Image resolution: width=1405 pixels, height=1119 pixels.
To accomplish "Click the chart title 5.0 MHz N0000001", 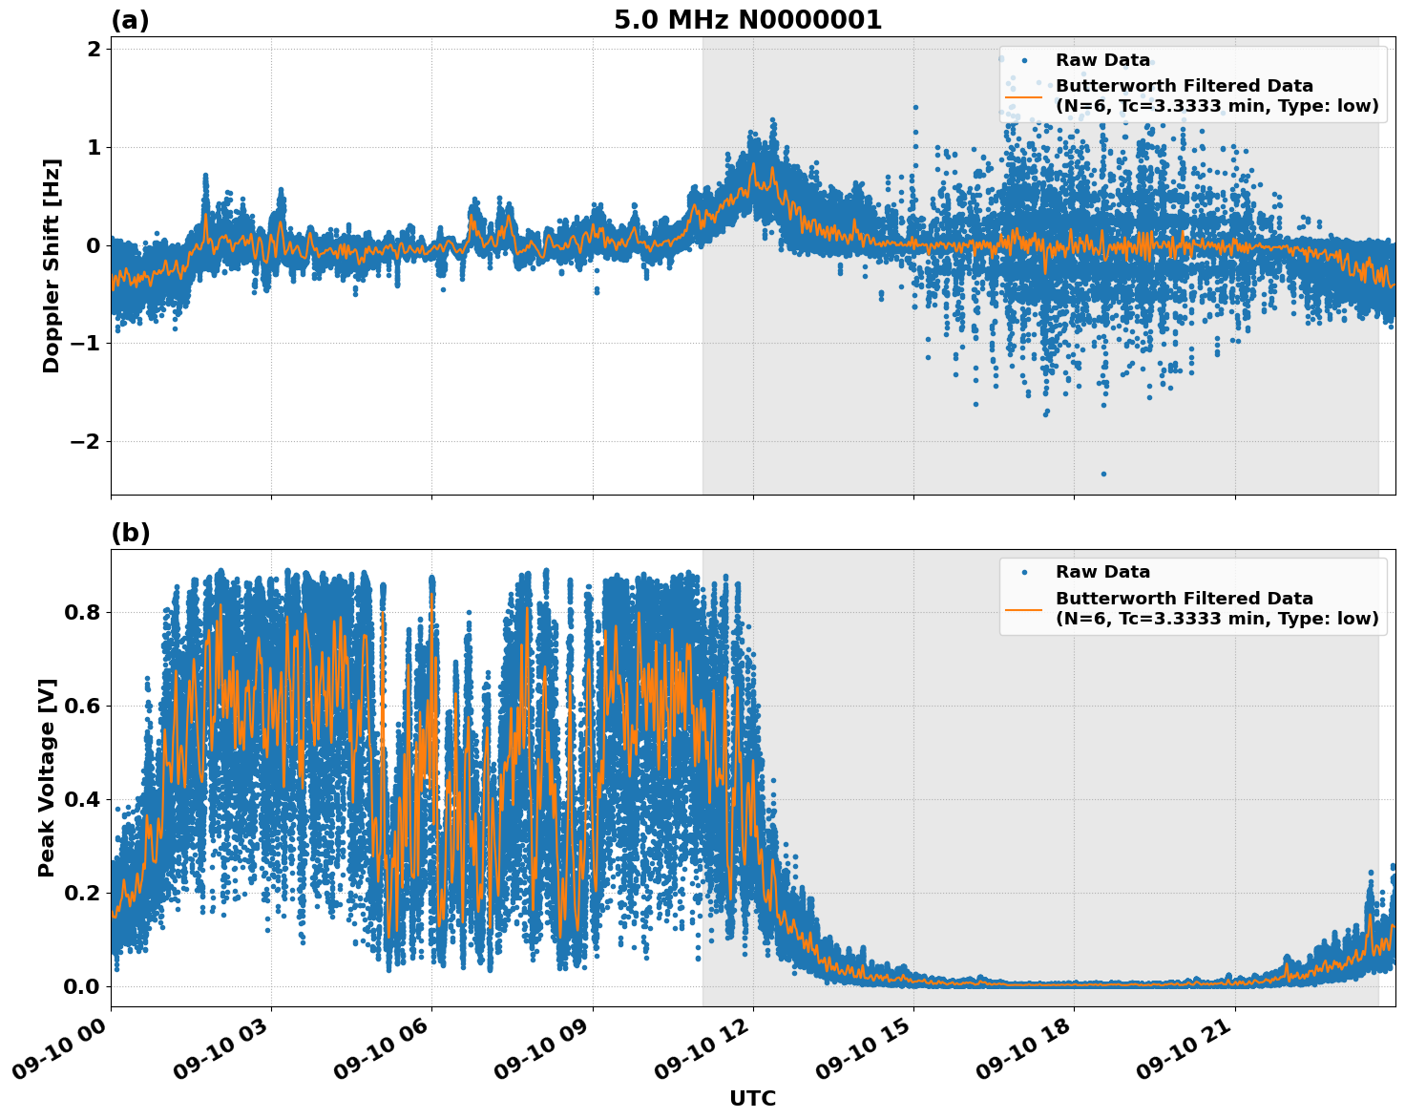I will click(747, 20).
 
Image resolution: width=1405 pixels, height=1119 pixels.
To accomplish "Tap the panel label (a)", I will click(130, 20).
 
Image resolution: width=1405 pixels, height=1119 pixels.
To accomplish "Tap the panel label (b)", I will click(130, 533).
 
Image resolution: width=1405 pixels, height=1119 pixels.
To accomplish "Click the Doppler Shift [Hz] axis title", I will click(52, 265).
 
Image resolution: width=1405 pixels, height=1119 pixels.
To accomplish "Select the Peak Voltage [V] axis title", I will click(47, 777).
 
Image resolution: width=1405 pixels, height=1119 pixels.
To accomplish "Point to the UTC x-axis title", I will click(752, 1099).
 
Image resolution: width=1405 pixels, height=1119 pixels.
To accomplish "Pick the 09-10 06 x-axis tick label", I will click(380, 1058).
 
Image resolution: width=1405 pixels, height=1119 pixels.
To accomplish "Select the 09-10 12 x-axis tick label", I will click(702, 1058).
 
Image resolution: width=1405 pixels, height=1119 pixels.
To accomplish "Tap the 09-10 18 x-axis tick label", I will click(1022, 1058).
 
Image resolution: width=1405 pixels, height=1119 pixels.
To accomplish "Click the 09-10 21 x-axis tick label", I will click(1184, 1058).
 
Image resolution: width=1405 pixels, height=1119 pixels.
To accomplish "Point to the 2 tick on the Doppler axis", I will click(94, 49).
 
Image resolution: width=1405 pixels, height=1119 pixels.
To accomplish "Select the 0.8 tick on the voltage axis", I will click(82, 612).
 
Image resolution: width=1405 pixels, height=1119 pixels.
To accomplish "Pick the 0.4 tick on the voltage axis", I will click(82, 799).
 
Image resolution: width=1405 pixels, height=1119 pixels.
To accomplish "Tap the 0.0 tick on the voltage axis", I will click(82, 986).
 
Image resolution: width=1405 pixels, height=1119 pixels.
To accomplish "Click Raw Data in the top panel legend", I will click(1102, 60).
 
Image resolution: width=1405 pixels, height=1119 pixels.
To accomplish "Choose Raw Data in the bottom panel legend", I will click(1102, 572).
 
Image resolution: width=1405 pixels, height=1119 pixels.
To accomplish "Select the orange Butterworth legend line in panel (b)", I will click(1023, 608).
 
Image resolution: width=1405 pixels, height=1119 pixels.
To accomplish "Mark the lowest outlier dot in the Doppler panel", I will click(1103, 474).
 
